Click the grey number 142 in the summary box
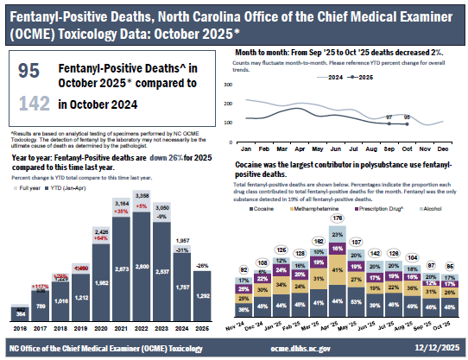28,104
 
